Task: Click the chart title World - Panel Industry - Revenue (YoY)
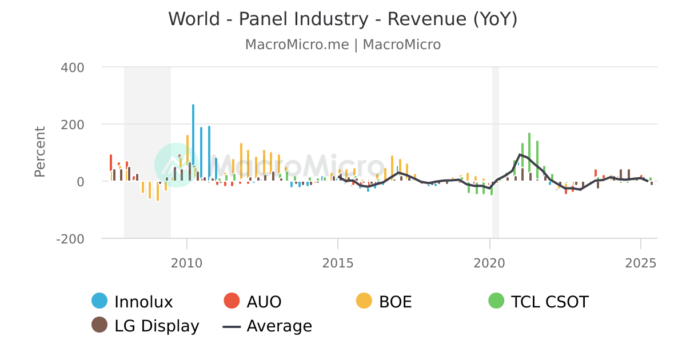[x=342, y=19]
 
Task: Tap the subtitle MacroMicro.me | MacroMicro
[x=342, y=45]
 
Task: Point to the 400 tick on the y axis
[x=72, y=67]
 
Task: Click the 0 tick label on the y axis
[x=80, y=182]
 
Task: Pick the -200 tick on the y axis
[x=70, y=239]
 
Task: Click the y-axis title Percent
[x=39, y=151]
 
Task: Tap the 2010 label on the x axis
[x=186, y=263]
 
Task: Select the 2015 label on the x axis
[x=338, y=263]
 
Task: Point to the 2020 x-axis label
[x=489, y=263]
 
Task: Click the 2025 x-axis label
[x=641, y=263]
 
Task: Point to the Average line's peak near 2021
[x=520, y=154]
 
